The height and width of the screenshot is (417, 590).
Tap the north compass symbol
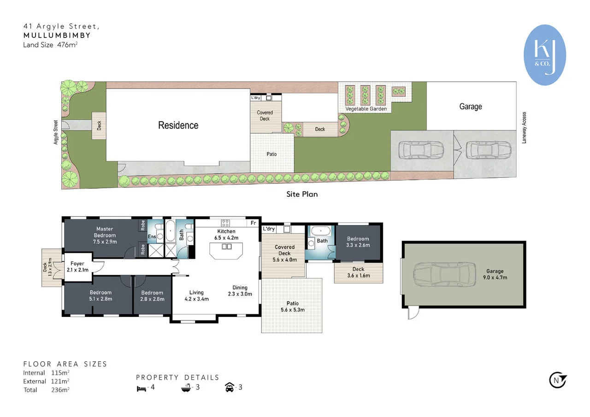pyautogui.click(x=558, y=380)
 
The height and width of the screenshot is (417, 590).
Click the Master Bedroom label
pyautogui.click(x=105, y=235)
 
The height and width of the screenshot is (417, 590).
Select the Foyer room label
pyautogui.click(x=77, y=267)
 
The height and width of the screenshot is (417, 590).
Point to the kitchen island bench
pyautogui.click(x=226, y=251)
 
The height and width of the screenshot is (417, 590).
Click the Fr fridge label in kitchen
pyautogui.click(x=253, y=223)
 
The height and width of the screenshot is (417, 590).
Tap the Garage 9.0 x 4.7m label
pyautogui.click(x=495, y=275)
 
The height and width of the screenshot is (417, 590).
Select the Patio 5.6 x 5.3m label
pyautogui.click(x=292, y=306)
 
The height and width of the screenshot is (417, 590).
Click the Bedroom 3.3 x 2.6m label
pyautogui.click(x=358, y=242)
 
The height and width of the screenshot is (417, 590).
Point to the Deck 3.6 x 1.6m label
pyautogui.click(x=358, y=272)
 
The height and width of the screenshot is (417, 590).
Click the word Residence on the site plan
pyautogui.click(x=178, y=125)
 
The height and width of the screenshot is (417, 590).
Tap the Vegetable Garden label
pyautogui.click(x=366, y=109)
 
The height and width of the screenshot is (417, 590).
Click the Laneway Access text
pyautogui.click(x=524, y=128)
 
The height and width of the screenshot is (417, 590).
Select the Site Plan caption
pyautogui.click(x=302, y=194)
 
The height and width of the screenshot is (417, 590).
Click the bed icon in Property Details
pyautogui.click(x=141, y=388)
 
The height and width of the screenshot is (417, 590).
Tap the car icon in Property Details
pyautogui.click(x=229, y=388)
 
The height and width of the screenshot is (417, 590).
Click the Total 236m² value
pyautogui.click(x=60, y=390)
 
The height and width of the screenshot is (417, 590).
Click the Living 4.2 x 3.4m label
pyautogui.click(x=196, y=295)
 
